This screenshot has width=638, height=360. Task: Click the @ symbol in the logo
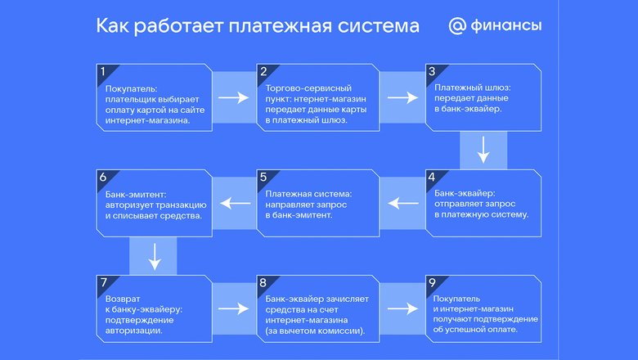457,26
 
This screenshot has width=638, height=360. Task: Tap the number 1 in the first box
103,72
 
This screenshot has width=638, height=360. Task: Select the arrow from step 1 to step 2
234,97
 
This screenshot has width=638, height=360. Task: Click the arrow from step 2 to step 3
402,97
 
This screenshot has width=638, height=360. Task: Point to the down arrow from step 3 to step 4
483,150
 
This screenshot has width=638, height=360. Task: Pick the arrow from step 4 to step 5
402,203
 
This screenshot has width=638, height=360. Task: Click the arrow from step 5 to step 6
236,203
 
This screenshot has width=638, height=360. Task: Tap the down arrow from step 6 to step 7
155,257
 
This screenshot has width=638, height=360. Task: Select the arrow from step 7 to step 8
234,308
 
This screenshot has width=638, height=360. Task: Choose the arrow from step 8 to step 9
402,308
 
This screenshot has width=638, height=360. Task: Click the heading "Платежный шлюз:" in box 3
473,88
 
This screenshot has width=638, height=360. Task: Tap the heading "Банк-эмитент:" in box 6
136,195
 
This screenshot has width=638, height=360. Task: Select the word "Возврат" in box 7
123,299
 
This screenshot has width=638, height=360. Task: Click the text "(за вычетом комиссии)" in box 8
315,331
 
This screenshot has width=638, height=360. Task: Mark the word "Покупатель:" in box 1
131,88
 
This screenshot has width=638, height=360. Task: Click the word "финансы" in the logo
506,25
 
